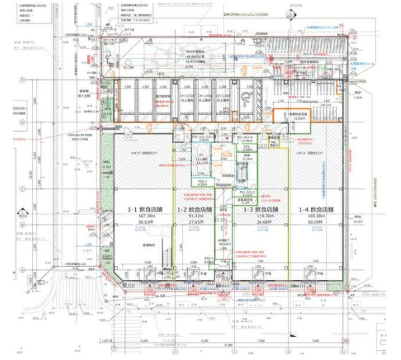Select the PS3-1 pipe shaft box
pos(202,180)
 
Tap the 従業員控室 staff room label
pos(246,200)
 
